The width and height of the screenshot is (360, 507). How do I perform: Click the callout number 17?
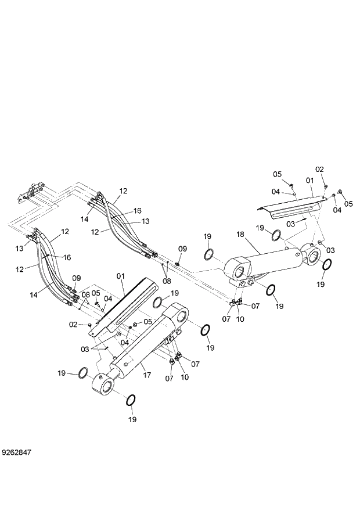[x=147, y=375]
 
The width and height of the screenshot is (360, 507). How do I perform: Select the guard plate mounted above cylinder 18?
[x=290, y=204]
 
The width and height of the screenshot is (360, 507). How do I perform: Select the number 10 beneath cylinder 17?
[x=185, y=377]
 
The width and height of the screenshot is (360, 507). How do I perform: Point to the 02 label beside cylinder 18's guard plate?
[x=319, y=169]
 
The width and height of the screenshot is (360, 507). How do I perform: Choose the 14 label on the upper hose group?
[x=85, y=219]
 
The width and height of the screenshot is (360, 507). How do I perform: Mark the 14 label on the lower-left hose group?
[x=34, y=294]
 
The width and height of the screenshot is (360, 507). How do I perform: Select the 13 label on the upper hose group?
[x=146, y=221]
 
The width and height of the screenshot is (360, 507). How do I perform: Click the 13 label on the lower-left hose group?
[x=20, y=248]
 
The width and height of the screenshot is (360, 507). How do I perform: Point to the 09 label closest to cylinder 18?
[x=183, y=249]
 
